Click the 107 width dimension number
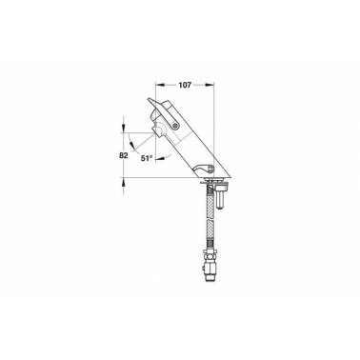click(x=185, y=85)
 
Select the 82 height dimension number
click(x=124, y=155)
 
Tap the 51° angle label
click(x=147, y=158)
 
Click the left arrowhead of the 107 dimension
click(x=159, y=85)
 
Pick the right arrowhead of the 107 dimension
click(x=210, y=85)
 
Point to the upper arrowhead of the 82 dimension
click(x=124, y=129)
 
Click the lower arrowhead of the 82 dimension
click(x=124, y=181)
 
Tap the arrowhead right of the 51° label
click(x=159, y=158)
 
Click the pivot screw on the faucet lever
click(x=175, y=126)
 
